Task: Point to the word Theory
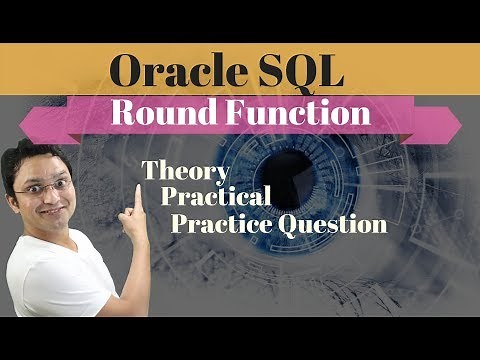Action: click(186, 170)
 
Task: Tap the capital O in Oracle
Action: click(129, 72)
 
